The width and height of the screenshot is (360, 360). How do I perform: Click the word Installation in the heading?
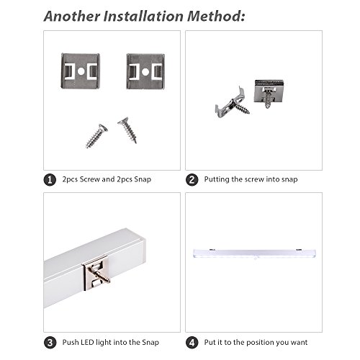[x=143, y=17]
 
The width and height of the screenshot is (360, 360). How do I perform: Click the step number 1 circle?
[x=50, y=180]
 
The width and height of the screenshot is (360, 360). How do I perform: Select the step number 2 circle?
[x=192, y=180]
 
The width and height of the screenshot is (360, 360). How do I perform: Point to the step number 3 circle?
[x=50, y=343]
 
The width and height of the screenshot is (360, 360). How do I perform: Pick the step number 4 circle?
[x=192, y=343]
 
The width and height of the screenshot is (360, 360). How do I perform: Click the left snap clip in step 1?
[x=81, y=71]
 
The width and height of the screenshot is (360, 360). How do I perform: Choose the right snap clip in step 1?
[x=145, y=71]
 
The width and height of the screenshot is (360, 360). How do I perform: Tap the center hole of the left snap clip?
[x=81, y=71]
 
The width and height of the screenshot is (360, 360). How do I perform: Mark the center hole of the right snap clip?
[x=145, y=71]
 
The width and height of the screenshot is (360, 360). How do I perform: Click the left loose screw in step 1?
[x=96, y=136]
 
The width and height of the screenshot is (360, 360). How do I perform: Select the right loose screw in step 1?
[x=127, y=130]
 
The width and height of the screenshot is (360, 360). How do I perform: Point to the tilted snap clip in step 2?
[x=230, y=103]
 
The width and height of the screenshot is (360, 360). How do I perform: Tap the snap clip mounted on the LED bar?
[x=96, y=272]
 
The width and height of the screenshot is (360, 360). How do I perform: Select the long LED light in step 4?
[x=254, y=253]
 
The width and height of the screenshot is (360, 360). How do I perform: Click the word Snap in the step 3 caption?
[x=150, y=342]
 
